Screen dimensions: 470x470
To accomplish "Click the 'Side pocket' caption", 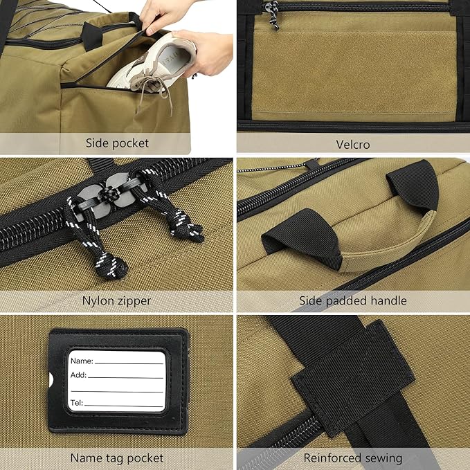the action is [117, 143].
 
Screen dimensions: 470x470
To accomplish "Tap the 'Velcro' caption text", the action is [353, 145].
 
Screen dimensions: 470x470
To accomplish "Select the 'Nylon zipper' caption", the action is [116, 300].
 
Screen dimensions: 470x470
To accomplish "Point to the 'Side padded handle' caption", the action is [353, 300].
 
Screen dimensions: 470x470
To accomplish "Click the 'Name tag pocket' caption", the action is [117, 458].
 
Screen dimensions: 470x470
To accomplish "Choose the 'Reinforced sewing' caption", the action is [353, 458].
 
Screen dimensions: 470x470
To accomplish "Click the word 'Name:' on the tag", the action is [82, 361].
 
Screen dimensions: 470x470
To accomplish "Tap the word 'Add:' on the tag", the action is [78, 375].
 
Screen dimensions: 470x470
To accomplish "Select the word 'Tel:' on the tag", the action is [77, 403].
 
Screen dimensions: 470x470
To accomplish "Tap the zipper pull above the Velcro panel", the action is [273, 15].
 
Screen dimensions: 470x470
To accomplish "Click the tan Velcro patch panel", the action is [354, 73].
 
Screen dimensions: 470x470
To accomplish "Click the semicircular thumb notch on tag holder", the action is [51, 380].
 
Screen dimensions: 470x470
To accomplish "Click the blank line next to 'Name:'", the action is [129, 363].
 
